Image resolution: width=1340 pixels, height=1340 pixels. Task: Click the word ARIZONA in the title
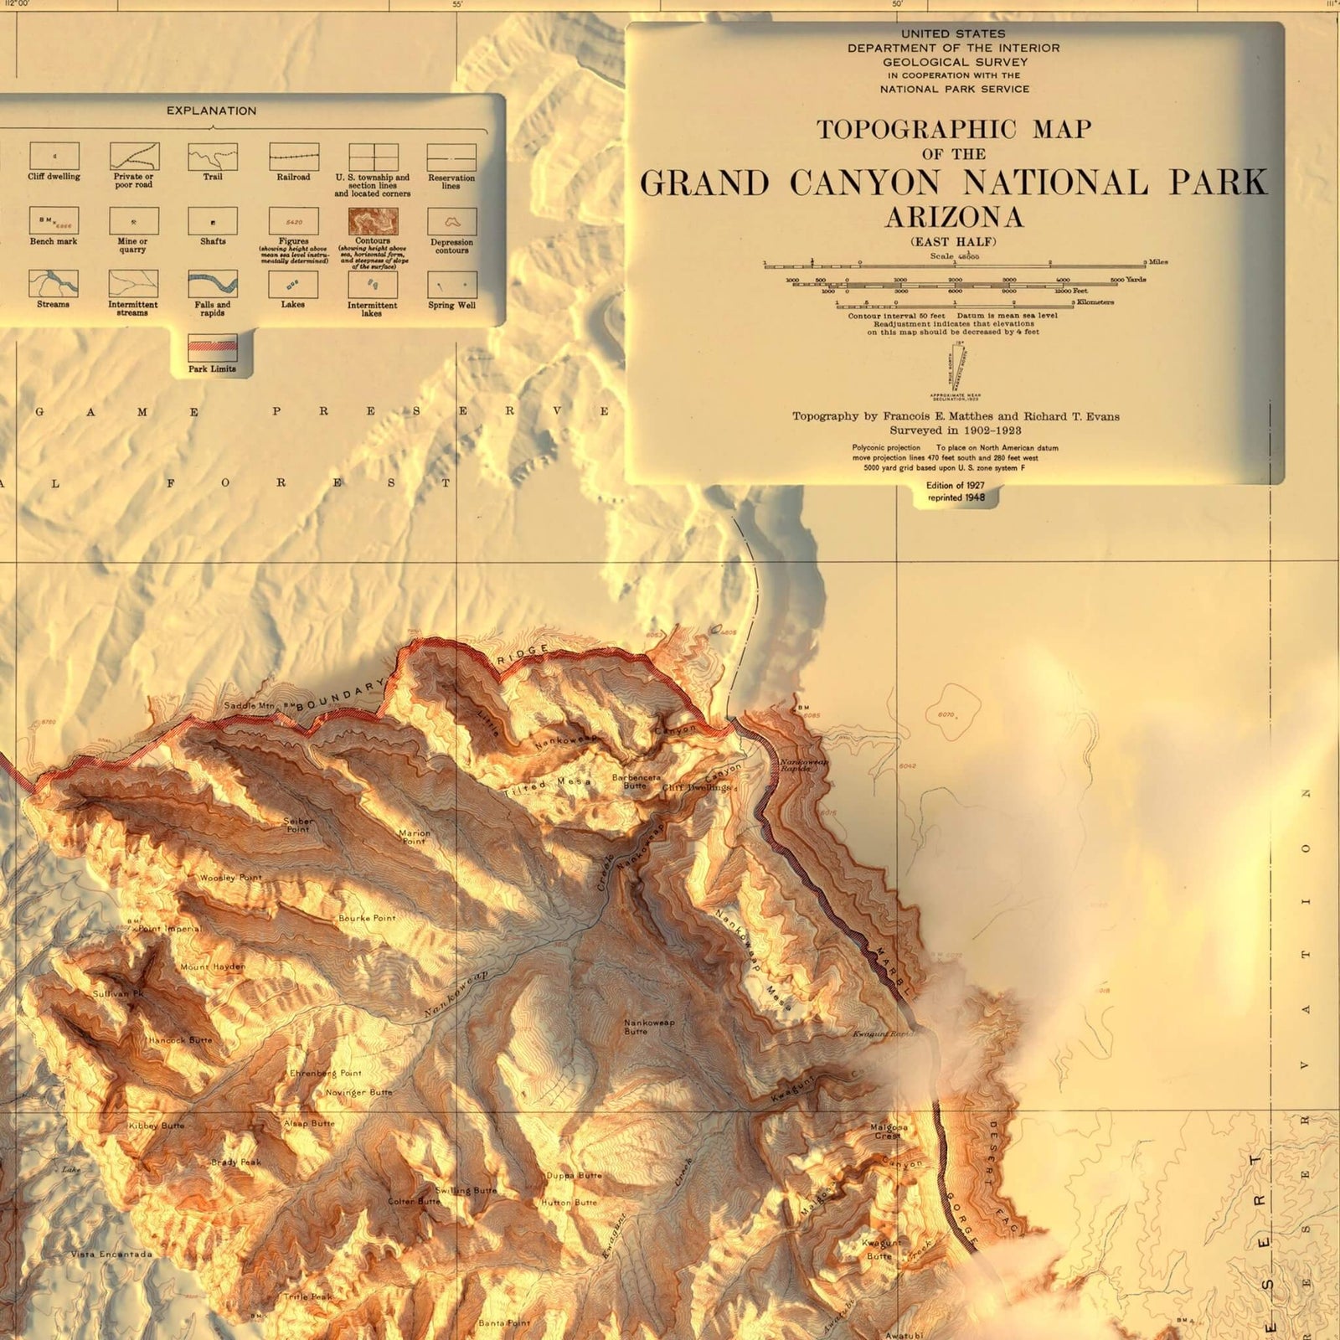click(x=954, y=218)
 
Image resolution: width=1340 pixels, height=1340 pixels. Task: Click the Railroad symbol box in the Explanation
click(x=293, y=157)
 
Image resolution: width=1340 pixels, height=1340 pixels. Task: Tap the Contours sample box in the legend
click(x=373, y=221)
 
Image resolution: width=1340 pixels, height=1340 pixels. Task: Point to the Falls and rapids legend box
click(x=212, y=285)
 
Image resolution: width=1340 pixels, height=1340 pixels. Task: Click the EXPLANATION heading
click(x=211, y=111)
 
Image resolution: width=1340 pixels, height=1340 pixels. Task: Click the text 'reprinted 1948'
click(x=956, y=497)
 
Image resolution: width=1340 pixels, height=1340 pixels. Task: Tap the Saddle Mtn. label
click(x=249, y=706)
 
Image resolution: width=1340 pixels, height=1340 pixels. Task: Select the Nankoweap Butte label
click(x=648, y=1027)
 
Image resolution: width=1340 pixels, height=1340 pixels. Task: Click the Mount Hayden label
click(x=213, y=966)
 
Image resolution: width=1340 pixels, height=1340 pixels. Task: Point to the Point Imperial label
click(x=169, y=928)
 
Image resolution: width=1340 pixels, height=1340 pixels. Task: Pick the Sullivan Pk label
click(x=118, y=993)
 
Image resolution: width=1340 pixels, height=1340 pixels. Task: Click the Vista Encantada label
click(x=111, y=1254)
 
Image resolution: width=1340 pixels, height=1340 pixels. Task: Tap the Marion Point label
click(x=414, y=837)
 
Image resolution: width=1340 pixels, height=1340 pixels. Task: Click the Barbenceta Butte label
click(x=636, y=781)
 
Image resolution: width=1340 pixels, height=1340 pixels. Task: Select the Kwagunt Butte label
click(x=881, y=1249)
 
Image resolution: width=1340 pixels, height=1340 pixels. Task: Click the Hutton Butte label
click(x=569, y=1203)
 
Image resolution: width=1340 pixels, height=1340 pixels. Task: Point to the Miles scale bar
click(x=955, y=265)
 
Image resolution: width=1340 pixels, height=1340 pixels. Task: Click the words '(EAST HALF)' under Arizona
click(x=954, y=242)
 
